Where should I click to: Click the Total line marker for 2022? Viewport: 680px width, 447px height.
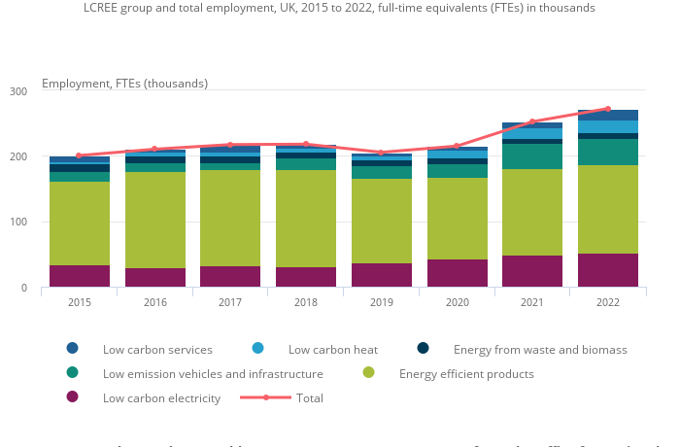pyautogui.click(x=608, y=109)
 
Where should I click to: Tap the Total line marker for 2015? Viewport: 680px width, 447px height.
pyautogui.click(x=79, y=155)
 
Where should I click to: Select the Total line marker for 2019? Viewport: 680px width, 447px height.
pyautogui.click(x=381, y=153)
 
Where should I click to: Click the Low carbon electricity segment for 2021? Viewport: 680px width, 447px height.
pyautogui.click(x=532, y=271)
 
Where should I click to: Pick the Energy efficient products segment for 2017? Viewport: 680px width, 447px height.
pyautogui.click(x=230, y=219)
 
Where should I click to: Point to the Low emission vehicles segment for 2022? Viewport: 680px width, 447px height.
pyautogui.click(x=608, y=153)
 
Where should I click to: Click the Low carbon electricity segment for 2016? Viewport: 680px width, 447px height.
pyautogui.click(x=154, y=278)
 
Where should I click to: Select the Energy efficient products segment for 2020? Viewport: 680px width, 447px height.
pyautogui.click(x=457, y=219)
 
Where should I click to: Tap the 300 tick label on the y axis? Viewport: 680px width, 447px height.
pyautogui.click(x=19, y=90)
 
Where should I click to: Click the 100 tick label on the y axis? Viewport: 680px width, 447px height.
pyautogui.click(x=19, y=223)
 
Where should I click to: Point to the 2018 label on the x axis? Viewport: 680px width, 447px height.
pyautogui.click(x=306, y=302)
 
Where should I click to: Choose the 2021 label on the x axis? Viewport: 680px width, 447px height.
pyautogui.click(x=532, y=302)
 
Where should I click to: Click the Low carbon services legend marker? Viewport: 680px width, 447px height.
pyautogui.click(x=73, y=349)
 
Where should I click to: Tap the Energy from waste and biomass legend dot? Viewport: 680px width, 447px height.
pyautogui.click(x=424, y=349)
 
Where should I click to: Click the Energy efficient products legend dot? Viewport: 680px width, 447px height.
pyautogui.click(x=369, y=373)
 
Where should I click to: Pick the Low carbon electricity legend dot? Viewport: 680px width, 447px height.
pyautogui.click(x=73, y=397)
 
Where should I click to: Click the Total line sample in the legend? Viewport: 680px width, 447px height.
pyautogui.click(x=265, y=397)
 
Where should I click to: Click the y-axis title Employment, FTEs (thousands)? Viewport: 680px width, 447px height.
pyautogui.click(x=124, y=84)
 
